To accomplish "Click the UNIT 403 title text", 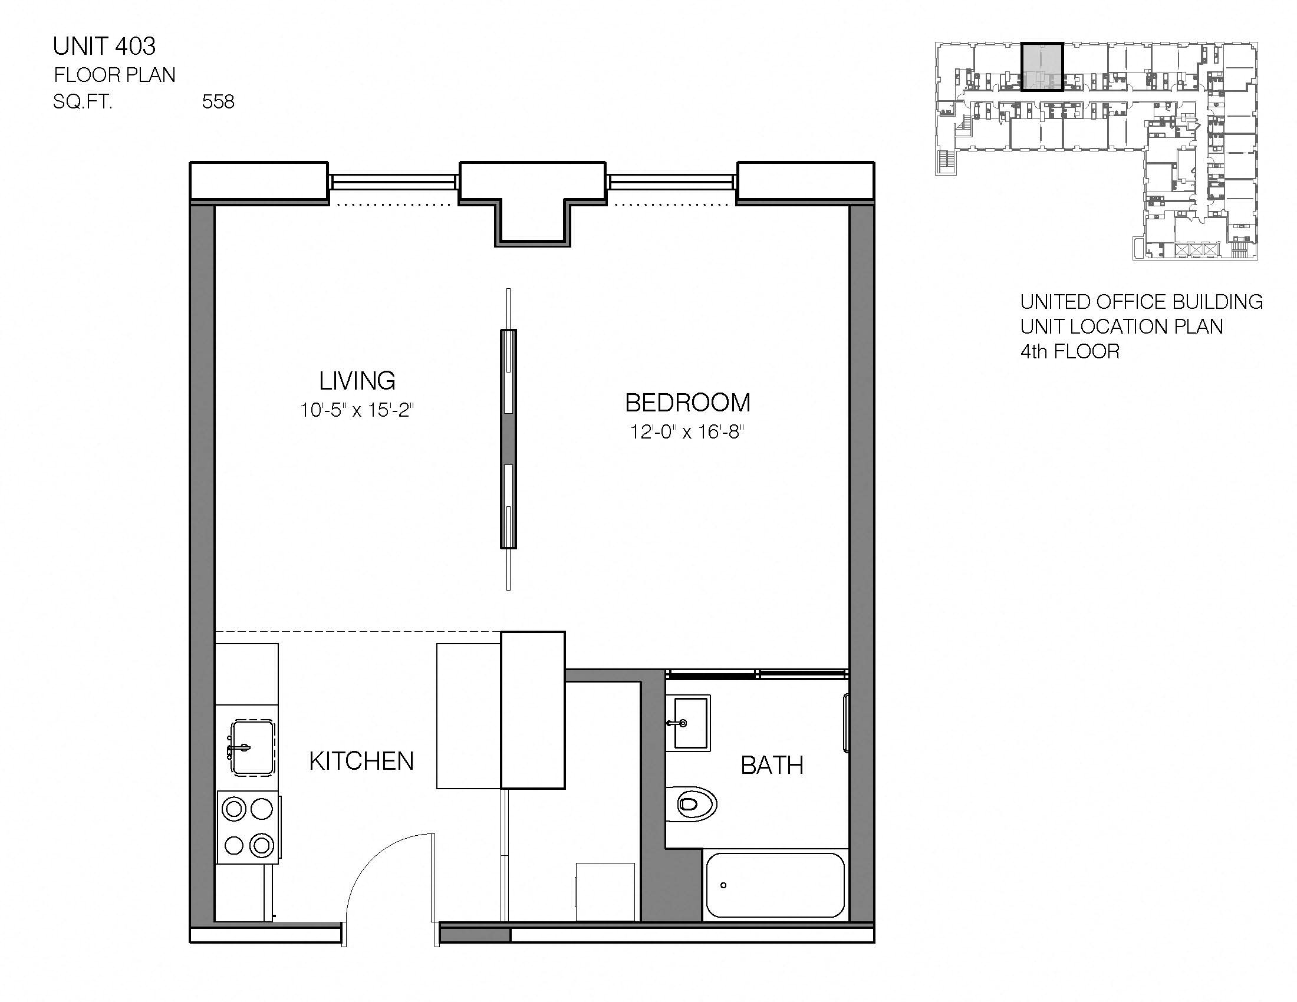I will point(104,47).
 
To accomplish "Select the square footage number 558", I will point(218,102).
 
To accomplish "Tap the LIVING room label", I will point(357,381).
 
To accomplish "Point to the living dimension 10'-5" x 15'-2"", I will point(356,410).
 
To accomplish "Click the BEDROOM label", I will point(687,403).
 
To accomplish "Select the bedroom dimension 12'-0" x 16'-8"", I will point(687,431).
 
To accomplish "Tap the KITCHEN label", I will point(361,762).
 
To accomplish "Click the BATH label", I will point(772,766).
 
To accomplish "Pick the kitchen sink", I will point(253,747).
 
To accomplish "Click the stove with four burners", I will point(248,827).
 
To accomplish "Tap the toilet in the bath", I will point(692,805).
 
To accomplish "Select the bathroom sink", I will point(688,723).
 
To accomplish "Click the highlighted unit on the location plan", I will point(1042,67).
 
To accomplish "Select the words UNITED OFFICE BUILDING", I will point(1141,302).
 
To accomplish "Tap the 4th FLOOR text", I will point(1069,352).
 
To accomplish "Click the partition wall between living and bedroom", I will point(508,439).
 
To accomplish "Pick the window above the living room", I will point(393,182).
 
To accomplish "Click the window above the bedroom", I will point(671,182).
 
